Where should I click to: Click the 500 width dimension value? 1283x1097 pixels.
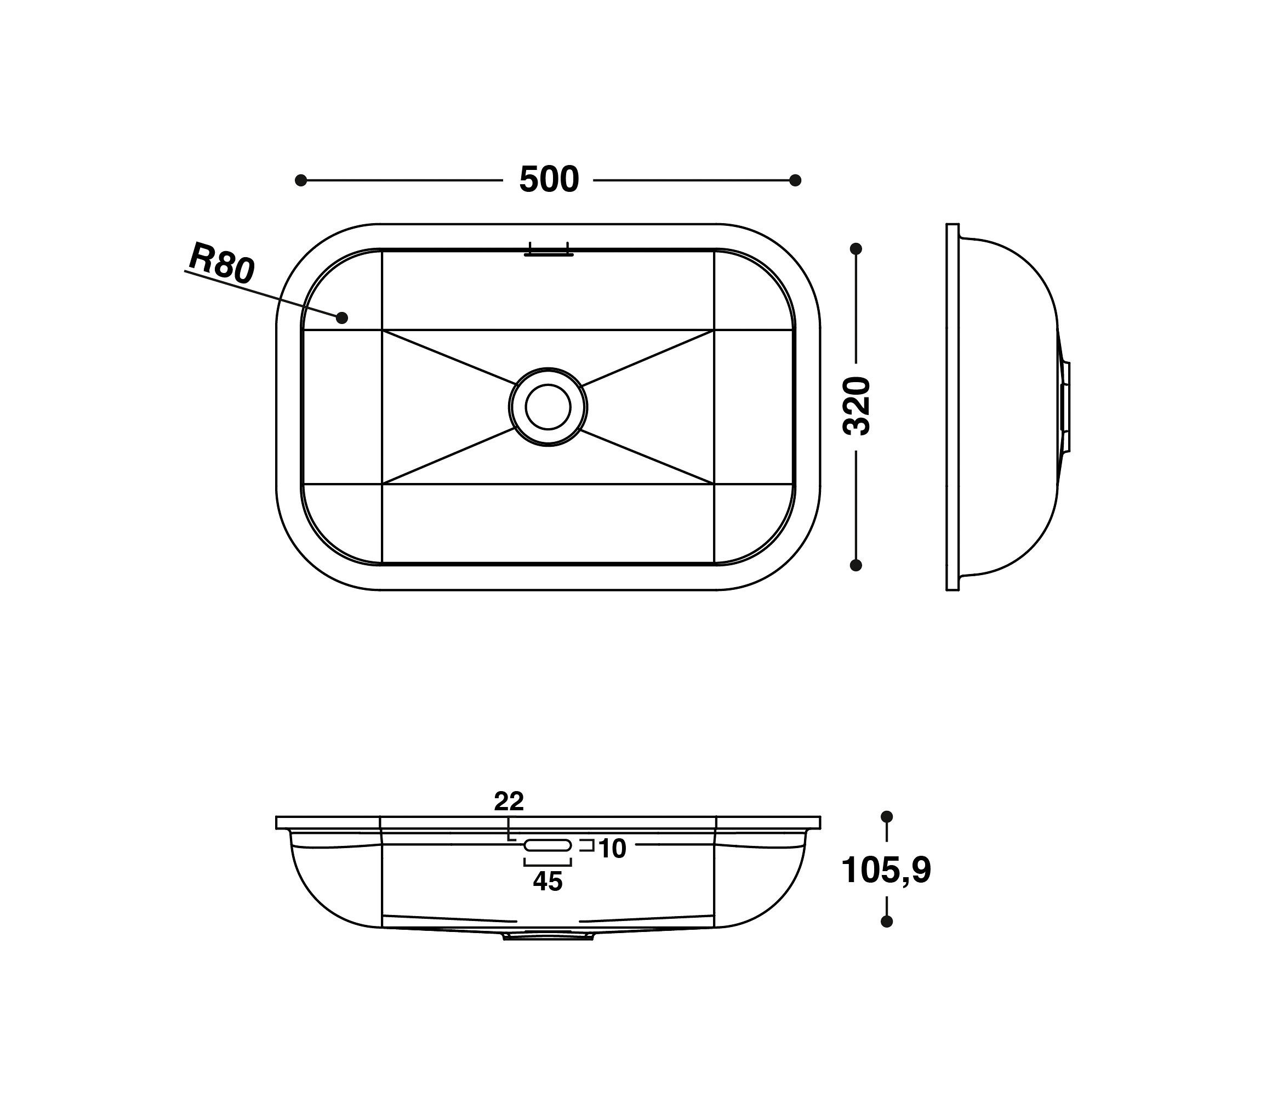549,180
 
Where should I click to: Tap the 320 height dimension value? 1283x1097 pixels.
858,406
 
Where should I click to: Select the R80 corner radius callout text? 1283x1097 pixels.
221,264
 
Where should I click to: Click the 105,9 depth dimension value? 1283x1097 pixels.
886,870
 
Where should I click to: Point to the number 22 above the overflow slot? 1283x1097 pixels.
509,802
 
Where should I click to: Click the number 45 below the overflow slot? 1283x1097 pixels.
548,882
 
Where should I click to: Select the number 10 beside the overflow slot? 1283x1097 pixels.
612,849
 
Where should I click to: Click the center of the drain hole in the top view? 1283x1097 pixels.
548,407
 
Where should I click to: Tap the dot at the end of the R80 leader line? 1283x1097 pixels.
342,318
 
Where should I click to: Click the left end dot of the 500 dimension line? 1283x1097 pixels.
301,180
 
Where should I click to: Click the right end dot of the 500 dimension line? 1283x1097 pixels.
796,180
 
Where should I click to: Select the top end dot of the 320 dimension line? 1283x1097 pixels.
857,249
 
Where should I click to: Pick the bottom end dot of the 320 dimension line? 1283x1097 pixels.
857,565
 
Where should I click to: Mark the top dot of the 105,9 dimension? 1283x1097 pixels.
887,816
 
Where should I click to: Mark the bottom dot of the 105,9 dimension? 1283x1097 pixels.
887,922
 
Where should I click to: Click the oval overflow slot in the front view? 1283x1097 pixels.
548,845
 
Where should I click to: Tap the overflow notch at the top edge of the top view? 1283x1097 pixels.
549,250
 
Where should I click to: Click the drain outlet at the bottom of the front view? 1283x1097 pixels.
548,936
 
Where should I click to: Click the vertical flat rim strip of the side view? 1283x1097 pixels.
953,407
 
